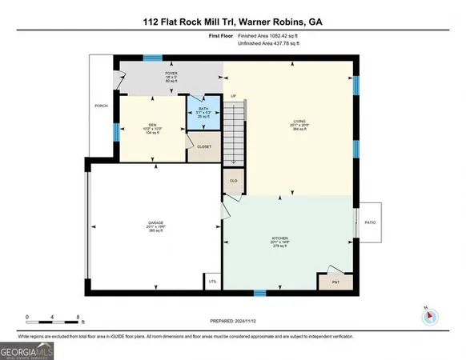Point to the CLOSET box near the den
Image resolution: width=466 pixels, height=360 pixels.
(204, 146)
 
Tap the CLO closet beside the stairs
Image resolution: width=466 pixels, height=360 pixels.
(233, 181)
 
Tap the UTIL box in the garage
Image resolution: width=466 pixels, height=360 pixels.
(213, 282)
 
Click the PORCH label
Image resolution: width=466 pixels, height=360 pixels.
(101, 106)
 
